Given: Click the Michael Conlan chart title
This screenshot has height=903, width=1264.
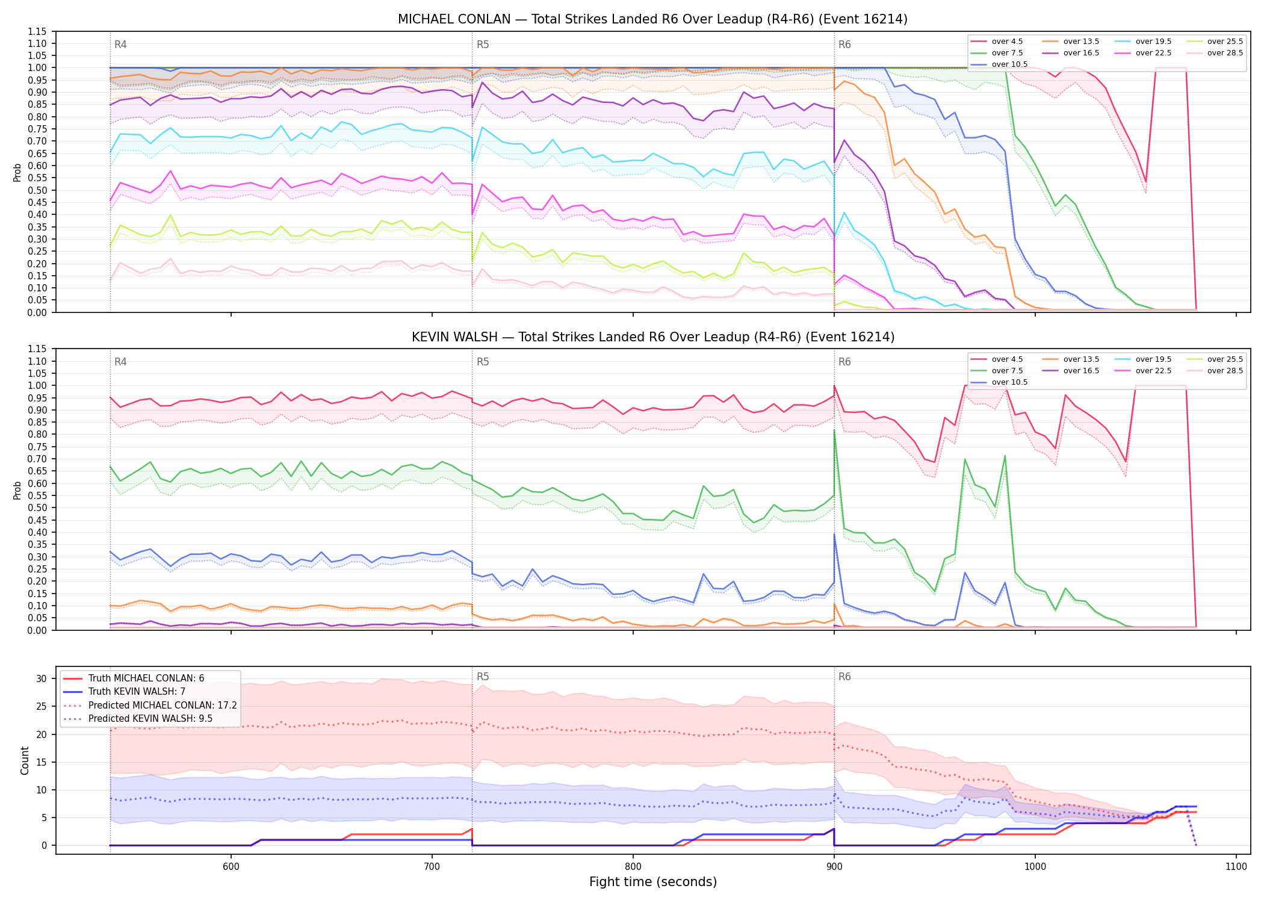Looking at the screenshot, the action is coord(652,19).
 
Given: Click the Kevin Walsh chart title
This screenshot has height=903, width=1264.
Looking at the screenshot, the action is coord(653,337).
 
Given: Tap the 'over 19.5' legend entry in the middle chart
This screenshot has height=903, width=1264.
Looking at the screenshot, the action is coord(1142,359).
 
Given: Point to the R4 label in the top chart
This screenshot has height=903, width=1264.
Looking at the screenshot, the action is coord(120,45).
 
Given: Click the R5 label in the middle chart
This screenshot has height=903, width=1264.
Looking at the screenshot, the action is coord(483,362).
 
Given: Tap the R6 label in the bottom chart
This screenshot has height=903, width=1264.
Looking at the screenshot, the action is coord(844,677).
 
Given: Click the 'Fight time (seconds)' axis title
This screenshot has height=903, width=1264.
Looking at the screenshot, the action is coord(653,882).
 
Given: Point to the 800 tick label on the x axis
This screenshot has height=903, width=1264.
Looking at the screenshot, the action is coord(633,866).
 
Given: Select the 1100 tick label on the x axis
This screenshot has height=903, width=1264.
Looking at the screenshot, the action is coord(1236,866).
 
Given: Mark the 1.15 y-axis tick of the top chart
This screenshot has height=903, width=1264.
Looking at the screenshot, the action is coord(37,31).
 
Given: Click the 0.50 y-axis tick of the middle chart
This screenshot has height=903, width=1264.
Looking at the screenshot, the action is coord(37,507).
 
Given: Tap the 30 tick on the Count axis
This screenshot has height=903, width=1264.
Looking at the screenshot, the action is coord(42,678).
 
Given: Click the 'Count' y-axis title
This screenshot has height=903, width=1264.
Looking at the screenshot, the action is coord(25,760).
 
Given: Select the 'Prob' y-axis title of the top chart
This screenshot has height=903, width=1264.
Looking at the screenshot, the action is coord(17,172).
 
